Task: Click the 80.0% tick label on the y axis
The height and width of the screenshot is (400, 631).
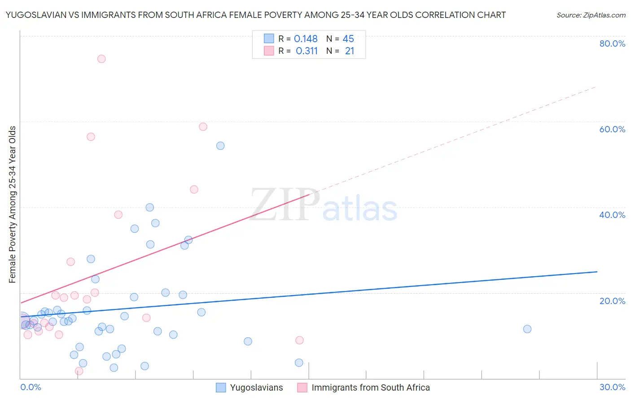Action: (612, 43)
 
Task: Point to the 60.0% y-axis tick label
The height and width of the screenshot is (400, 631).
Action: (612, 129)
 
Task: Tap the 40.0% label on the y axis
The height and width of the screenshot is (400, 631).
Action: (612, 215)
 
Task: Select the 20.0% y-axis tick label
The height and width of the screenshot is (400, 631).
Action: (612, 300)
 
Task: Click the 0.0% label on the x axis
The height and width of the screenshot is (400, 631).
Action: (31, 387)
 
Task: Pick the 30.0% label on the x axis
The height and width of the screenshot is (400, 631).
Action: (612, 387)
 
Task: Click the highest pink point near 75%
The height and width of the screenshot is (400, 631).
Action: (101, 59)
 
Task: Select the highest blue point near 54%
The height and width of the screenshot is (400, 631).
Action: (220, 146)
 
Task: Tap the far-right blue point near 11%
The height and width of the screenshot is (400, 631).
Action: (527, 329)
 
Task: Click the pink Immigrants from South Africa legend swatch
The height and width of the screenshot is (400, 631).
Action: (302, 387)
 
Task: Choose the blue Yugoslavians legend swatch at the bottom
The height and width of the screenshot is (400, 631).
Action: (221, 387)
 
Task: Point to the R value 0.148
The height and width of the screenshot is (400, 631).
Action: (306, 39)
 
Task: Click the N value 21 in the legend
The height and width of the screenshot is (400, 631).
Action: (350, 51)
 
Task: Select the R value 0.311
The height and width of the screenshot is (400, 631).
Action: (307, 51)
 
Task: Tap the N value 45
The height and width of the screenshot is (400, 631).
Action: (348, 39)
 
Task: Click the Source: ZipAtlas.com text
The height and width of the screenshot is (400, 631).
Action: (591, 15)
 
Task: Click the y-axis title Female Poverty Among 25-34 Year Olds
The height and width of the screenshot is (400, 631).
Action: (13, 204)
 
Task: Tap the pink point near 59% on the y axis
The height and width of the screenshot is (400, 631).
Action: (203, 127)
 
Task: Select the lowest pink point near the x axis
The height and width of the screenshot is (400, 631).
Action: (79, 371)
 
